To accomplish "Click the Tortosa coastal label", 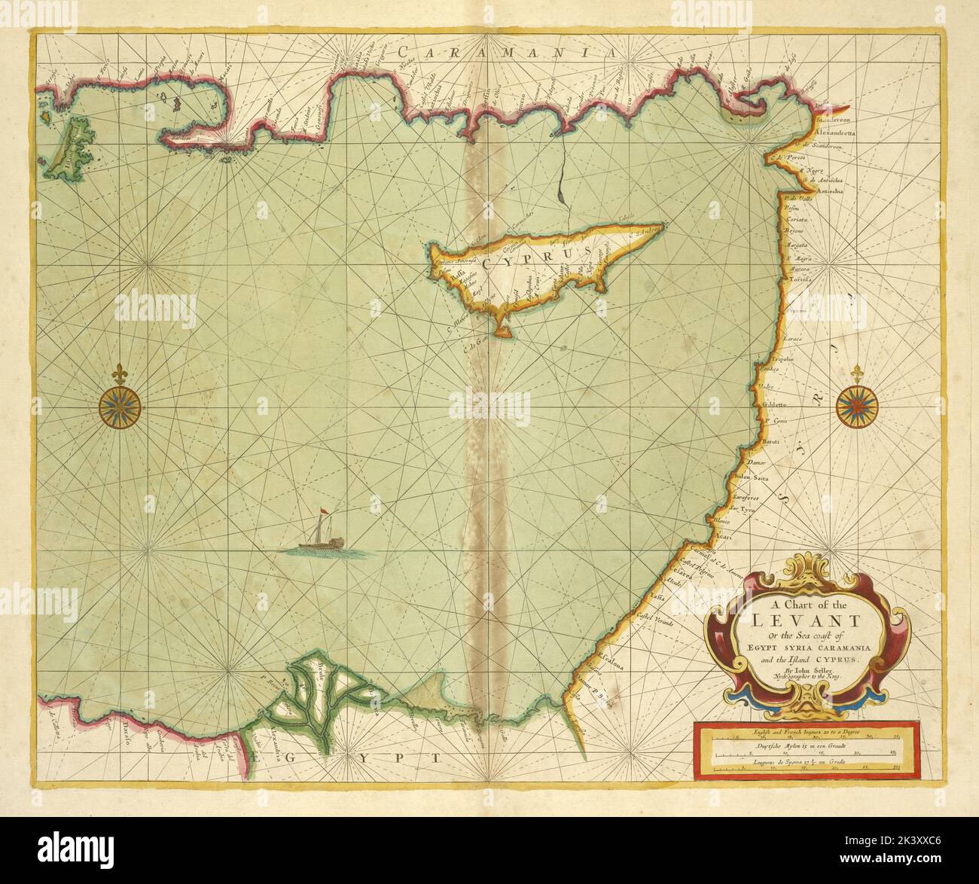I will (x=799, y=279).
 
